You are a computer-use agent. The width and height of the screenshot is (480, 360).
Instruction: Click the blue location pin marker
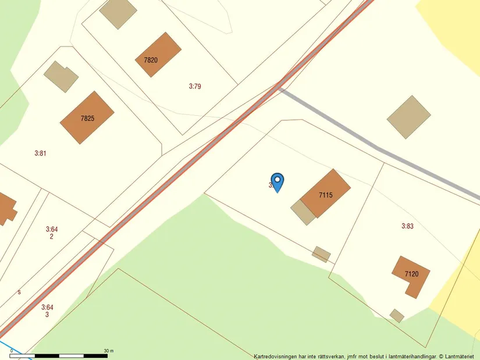278,181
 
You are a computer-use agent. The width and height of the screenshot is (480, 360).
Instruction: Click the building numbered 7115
325,194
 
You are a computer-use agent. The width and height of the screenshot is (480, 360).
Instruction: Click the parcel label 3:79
195,86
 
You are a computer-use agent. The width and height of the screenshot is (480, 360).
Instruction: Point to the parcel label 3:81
40,153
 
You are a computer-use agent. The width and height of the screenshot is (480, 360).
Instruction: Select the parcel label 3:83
407,226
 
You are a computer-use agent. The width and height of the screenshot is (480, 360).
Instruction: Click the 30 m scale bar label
109,351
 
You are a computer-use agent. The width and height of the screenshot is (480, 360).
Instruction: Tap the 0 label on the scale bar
12,351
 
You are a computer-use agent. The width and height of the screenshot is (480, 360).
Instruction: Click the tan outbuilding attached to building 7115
303,212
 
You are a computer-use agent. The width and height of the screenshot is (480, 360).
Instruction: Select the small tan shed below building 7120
397,316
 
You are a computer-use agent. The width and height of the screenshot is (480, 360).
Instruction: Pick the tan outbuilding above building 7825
61,76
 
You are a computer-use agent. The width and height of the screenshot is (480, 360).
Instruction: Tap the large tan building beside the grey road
409,117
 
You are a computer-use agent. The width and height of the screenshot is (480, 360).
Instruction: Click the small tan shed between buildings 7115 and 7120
321,254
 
